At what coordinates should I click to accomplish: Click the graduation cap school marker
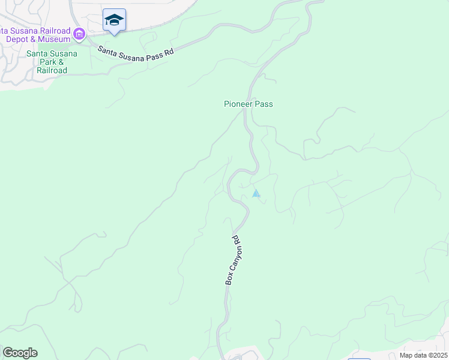(x=114, y=20)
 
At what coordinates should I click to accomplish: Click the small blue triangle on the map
(x=256, y=193)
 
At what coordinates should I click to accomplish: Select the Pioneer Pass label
(x=249, y=104)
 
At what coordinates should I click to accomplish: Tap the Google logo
(x=20, y=353)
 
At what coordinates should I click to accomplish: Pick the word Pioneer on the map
(x=238, y=104)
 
